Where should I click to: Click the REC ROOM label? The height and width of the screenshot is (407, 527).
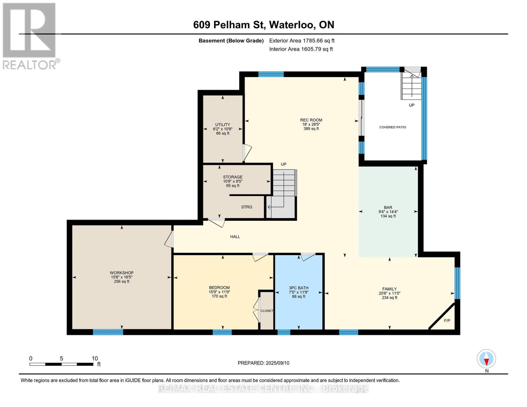(311, 120)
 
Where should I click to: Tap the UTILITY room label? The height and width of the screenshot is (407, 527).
(223, 124)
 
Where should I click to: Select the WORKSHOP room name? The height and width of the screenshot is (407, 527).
(121, 273)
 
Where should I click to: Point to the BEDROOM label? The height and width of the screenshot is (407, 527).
(219, 288)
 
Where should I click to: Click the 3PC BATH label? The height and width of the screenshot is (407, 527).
(299, 288)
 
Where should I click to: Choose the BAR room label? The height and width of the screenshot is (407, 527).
(388, 208)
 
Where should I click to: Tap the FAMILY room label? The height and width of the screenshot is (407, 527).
(390, 289)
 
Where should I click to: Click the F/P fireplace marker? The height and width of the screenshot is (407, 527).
(447, 321)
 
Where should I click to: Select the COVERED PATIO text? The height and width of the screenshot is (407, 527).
(393, 127)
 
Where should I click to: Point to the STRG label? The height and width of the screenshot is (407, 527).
(247, 207)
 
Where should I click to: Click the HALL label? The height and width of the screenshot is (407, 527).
(235, 237)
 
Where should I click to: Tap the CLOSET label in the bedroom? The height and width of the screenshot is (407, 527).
(267, 311)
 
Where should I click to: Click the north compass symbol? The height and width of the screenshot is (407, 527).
(486, 359)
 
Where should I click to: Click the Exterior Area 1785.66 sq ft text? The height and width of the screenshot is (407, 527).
(302, 41)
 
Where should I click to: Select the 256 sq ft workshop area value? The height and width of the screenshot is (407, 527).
(121, 282)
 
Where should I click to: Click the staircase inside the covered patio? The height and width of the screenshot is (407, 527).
(411, 85)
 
